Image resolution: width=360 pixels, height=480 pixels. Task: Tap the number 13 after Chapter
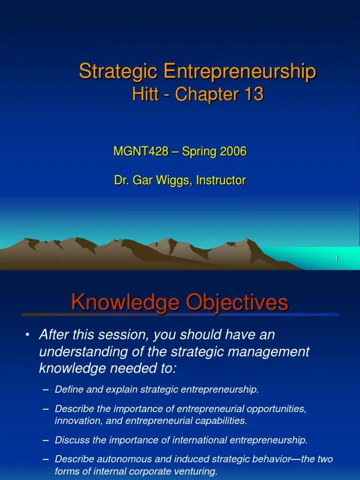pyautogui.click(x=253, y=95)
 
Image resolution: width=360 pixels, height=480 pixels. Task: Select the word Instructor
pyautogui.click(x=220, y=180)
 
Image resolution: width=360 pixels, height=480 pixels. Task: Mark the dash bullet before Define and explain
pyautogui.click(x=45, y=390)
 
